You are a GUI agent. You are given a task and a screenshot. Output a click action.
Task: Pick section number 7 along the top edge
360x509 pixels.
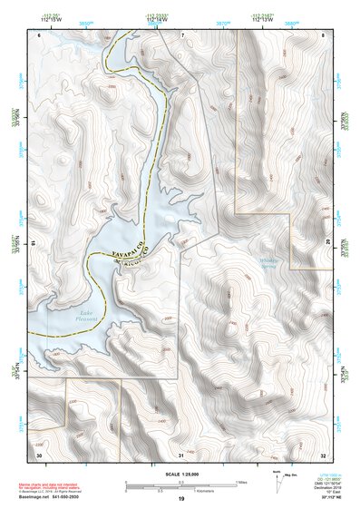[181, 34]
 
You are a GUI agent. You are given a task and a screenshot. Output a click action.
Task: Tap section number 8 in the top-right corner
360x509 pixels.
[323, 34]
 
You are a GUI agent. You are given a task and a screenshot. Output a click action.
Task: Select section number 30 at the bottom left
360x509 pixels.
[39, 453]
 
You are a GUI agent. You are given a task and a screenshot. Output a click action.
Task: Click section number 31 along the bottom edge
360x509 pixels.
[181, 453]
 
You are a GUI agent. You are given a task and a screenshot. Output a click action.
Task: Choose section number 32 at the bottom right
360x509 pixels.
[323, 453]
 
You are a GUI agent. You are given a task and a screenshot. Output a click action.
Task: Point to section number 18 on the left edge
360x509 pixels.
[34, 243]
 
